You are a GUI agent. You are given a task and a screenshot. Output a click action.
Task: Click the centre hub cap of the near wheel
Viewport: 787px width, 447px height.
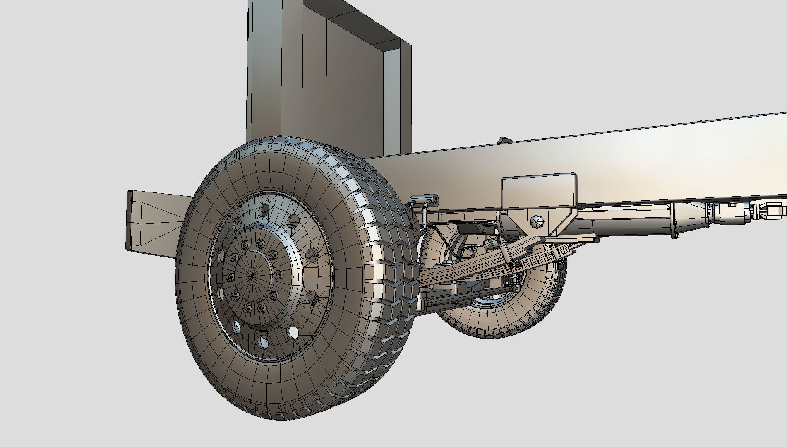coord(253,275)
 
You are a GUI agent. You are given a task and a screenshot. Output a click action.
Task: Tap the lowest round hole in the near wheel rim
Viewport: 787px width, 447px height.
coord(263,342)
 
